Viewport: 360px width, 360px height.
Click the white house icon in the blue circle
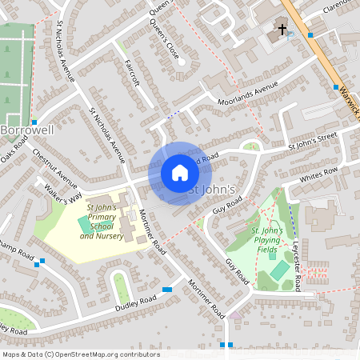(180, 173)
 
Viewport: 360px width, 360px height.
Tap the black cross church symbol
(282, 31)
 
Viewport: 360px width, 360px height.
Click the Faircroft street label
(138, 73)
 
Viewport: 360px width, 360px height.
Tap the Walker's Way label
(64, 195)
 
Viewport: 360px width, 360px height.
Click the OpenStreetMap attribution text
(80, 354)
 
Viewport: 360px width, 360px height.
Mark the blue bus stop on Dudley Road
(167, 290)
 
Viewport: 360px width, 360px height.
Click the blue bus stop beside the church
(310, 35)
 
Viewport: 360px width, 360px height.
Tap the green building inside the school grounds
(85, 226)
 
